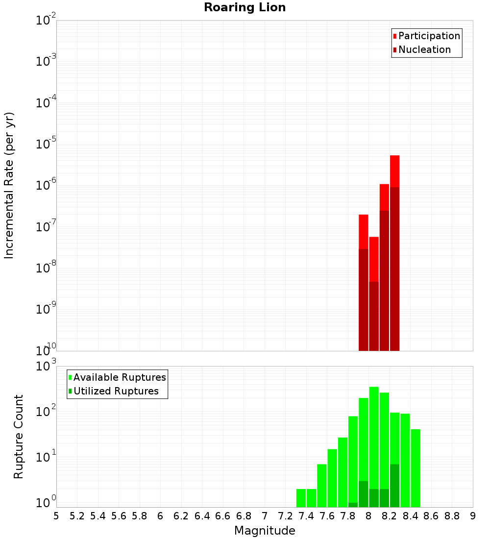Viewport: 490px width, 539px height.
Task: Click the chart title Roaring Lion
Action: [245, 8]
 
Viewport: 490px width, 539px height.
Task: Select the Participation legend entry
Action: [429, 36]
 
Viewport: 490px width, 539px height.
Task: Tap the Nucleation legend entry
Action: [424, 50]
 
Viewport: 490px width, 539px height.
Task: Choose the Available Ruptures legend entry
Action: [120, 378]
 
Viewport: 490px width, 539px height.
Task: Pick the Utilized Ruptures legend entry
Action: [116, 392]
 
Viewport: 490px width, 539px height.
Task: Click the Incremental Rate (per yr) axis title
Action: [9, 186]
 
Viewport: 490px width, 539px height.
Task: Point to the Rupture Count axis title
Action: [19, 437]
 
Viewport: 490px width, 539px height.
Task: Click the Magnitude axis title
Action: [265, 531]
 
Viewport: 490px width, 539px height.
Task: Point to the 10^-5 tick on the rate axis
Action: [45, 145]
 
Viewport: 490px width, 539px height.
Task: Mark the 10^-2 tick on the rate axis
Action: [45, 21]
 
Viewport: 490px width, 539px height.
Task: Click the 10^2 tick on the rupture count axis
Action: [45, 412]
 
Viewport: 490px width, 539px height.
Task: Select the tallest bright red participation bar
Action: [395, 171]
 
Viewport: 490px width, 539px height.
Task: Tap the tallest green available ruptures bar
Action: [374, 441]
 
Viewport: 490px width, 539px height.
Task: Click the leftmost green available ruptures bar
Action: [301, 498]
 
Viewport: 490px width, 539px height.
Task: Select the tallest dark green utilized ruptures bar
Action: [395, 485]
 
